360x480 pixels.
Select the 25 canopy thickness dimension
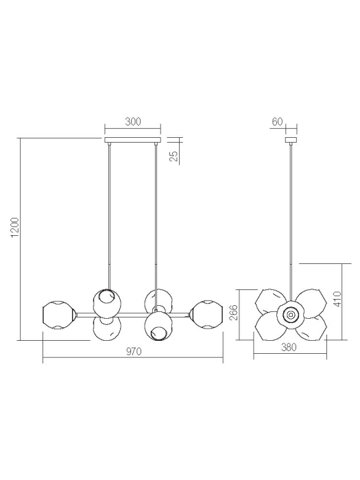tap(173, 156)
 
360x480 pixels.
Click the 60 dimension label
tap(277, 121)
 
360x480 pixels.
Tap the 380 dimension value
tap(289, 348)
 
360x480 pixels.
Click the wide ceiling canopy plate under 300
tap(132, 141)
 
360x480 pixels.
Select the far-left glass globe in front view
tap(57, 315)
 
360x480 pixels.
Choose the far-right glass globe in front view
tap(206, 315)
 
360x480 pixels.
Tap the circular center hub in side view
tap(290, 315)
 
